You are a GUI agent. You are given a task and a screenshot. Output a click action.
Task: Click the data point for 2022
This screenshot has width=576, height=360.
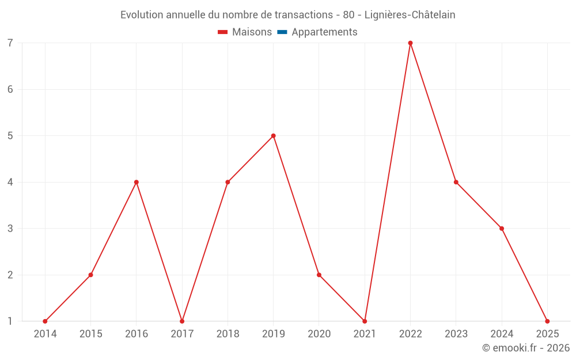point(411,43)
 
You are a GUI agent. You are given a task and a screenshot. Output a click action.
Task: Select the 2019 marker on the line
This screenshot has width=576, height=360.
point(274,136)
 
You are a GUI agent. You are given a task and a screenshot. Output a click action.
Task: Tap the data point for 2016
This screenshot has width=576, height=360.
point(137,182)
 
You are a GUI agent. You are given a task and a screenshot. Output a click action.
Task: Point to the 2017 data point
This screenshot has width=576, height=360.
point(182,321)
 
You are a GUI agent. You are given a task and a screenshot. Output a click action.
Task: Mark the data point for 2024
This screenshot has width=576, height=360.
point(502,229)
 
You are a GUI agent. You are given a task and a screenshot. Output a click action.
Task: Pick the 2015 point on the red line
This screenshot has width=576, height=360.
point(90,275)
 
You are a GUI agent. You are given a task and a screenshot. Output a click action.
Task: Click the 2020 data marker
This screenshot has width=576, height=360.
point(319,275)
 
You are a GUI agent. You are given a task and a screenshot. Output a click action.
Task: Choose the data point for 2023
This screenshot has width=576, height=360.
point(456,182)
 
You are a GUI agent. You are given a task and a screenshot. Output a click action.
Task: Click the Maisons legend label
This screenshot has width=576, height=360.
point(252,32)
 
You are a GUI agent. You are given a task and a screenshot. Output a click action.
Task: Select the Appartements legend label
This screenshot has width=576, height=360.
point(324,32)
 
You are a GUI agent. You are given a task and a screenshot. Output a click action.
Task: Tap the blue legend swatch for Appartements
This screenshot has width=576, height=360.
point(282,32)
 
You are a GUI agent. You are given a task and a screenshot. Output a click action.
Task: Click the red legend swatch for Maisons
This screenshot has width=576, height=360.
point(223,32)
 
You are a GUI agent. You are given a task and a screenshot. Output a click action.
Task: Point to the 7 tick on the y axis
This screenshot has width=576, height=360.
point(10,43)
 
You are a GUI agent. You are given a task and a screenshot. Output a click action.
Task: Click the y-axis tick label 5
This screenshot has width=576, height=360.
point(10,136)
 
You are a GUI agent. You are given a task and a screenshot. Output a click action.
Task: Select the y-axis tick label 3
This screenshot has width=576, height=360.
point(10,229)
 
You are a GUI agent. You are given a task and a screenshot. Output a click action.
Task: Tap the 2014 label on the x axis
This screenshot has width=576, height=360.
point(45,334)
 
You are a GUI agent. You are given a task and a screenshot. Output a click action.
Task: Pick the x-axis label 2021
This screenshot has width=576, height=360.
point(365,334)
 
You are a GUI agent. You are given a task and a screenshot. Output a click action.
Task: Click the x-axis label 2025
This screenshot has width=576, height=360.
point(547,334)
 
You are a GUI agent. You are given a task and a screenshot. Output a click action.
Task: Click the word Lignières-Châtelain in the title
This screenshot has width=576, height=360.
point(410,15)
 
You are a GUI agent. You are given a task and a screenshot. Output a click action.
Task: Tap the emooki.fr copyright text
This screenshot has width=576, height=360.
point(526,348)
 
